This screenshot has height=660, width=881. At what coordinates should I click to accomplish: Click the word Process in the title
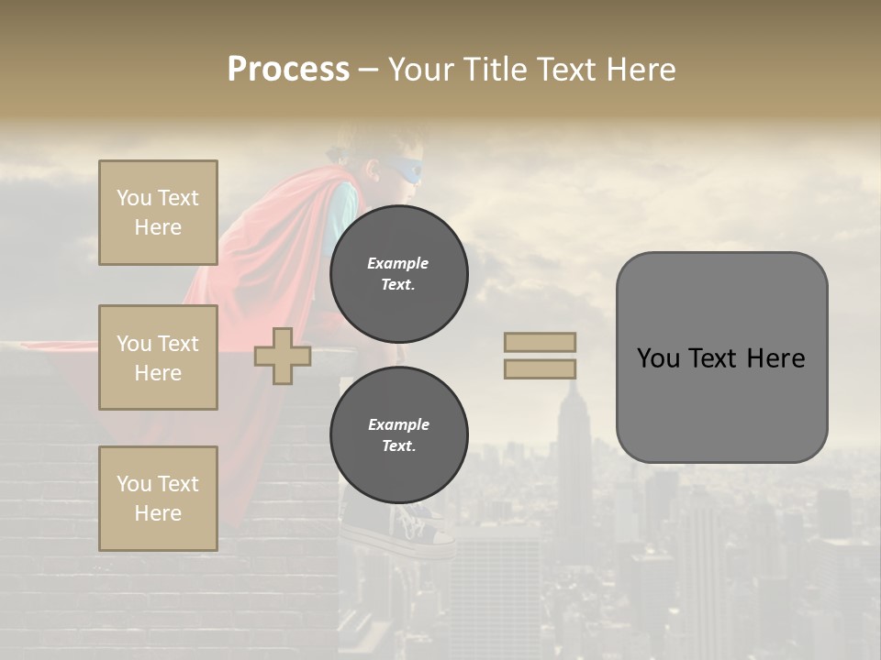point(288,70)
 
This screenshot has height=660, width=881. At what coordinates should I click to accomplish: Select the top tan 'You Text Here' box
point(158,213)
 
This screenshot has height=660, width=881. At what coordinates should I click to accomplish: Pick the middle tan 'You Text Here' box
point(158,357)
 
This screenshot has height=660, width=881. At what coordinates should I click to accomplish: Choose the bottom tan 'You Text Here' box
point(158,498)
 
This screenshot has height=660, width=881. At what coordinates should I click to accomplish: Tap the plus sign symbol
point(283,356)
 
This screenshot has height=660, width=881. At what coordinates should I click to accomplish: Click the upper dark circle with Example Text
point(398,273)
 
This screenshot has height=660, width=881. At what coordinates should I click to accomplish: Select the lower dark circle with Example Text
point(398,435)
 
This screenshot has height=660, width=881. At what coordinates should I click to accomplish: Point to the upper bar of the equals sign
point(540,342)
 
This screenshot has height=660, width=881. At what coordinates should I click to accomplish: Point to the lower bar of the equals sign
point(540,369)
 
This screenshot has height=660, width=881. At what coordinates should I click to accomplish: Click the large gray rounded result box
point(721,357)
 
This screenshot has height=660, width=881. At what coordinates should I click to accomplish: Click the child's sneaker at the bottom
point(418,532)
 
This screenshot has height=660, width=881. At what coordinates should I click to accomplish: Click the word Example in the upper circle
point(398,263)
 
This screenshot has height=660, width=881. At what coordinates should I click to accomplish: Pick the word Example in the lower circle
point(398,424)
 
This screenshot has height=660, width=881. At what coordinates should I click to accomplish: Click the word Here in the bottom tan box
point(158,513)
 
